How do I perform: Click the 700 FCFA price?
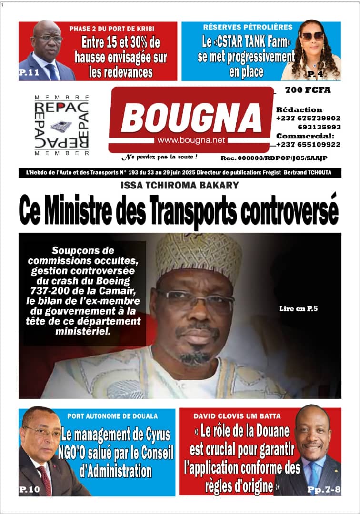click(308, 90)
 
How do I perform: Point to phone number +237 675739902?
click(308, 118)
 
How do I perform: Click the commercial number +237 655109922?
click(308, 145)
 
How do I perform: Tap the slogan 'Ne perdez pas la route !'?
click(159, 156)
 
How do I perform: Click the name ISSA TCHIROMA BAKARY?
click(180, 185)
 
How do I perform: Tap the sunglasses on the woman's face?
click(311, 36)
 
